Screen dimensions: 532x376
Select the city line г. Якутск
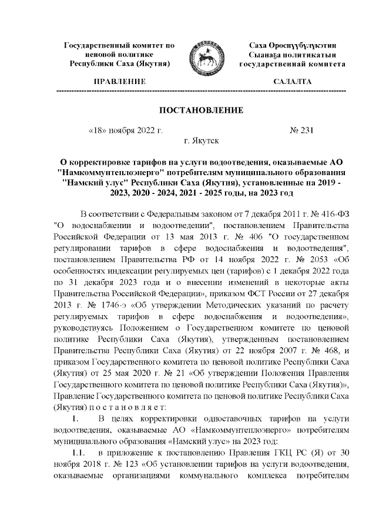click(202, 141)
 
